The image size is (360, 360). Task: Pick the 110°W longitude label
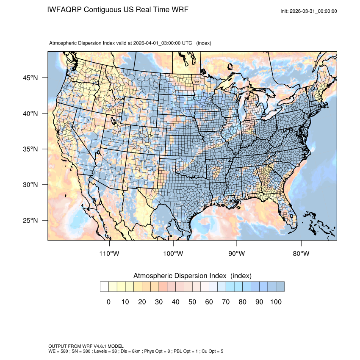[x=109, y=254]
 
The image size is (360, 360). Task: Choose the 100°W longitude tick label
[x=173, y=254]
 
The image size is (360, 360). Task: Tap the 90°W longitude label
[x=237, y=254]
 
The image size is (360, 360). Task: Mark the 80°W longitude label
[x=301, y=254]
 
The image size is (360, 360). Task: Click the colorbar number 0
[x=108, y=302]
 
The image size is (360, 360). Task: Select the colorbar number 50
[x=192, y=302]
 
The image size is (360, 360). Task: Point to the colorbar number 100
[x=276, y=302]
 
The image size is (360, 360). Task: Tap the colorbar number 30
[x=159, y=302]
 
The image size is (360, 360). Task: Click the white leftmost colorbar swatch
[x=104, y=287]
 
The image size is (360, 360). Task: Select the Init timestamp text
[x=309, y=11]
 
